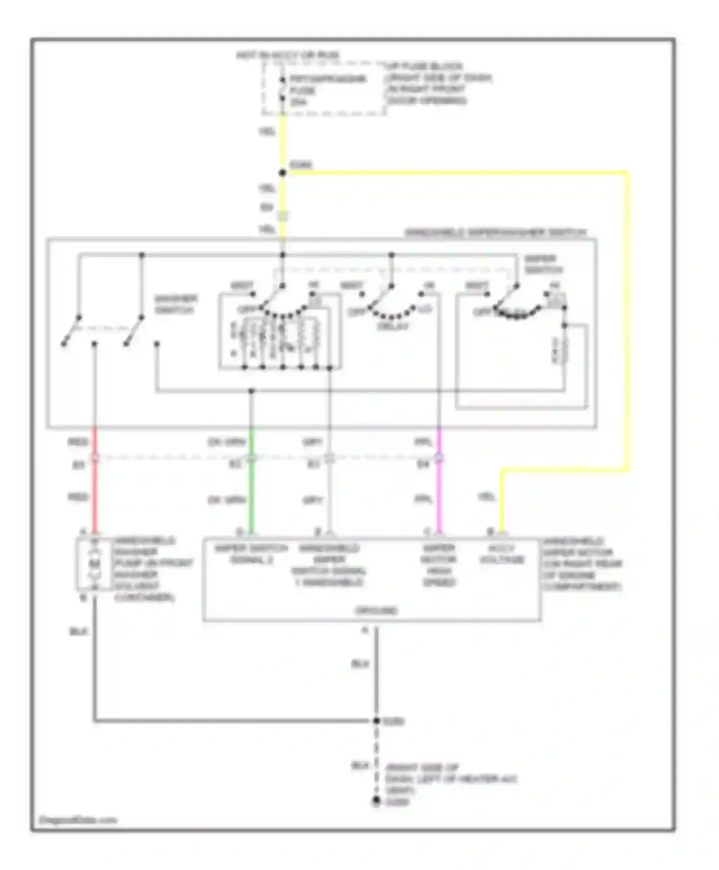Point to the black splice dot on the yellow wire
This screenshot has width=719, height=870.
(283, 173)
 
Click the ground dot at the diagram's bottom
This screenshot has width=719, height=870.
(376, 801)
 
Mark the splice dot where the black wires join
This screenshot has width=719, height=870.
(376, 721)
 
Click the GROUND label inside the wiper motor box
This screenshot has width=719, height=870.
(376, 611)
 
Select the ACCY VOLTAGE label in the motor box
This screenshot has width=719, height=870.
(502, 554)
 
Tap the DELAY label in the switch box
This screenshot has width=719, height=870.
(393, 327)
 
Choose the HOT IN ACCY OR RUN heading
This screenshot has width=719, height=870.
(288, 55)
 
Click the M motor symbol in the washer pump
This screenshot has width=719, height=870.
(95, 563)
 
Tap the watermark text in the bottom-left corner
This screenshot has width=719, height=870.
(78, 820)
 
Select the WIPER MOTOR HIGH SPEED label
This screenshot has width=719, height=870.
(439, 565)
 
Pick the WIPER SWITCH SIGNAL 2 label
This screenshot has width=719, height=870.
(251, 554)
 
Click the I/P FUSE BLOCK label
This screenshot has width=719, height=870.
(424, 66)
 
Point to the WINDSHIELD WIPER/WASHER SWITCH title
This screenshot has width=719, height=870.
(496, 233)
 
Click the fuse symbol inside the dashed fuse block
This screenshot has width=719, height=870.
(283, 90)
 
